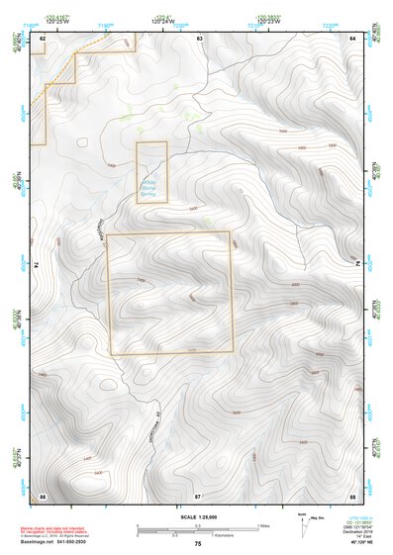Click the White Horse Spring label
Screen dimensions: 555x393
tap(150, 185)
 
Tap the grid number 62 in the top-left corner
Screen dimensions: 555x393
tap(43, 37)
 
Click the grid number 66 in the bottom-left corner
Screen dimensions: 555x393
tap(43, 494)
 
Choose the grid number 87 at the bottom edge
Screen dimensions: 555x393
tap(198, 494)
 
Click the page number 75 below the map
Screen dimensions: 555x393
tap(197, 544)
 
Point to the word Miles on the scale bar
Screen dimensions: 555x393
tap(264, 525)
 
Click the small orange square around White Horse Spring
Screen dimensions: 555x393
tap(151, 172)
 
